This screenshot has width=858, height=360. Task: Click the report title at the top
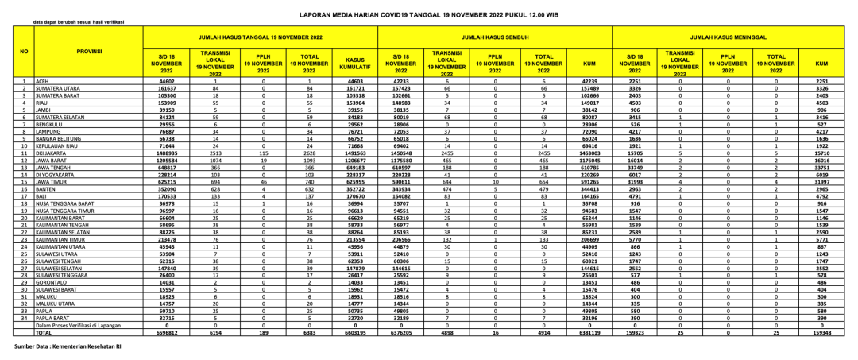(x=429, y=14)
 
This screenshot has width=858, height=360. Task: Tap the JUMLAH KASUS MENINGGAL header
(x=729, y=37)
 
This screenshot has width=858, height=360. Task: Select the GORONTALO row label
(x=49, y=281)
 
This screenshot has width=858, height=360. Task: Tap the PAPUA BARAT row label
(x=51, y=317)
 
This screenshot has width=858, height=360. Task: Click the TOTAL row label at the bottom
(x=43, y=332)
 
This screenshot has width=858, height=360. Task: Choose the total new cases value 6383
(x=310, y=332)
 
